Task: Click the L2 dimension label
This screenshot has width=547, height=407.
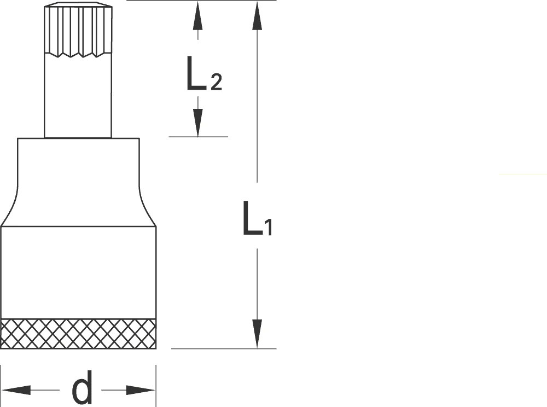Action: point(204,74)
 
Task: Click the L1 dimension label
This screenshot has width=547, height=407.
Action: point(257,218)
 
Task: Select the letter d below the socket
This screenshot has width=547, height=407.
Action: point(83,387)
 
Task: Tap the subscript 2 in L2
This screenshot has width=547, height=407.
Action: point(216,82)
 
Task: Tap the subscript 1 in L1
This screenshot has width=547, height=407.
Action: point(268,227)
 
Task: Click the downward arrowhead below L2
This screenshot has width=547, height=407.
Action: point(198,122)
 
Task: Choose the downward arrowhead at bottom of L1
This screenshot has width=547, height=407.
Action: point(257,334)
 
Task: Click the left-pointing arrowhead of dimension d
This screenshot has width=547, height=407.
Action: point(16,390)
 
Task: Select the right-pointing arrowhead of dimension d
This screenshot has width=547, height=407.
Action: point(141,390)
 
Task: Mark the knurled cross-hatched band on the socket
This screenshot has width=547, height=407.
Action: point(78,333)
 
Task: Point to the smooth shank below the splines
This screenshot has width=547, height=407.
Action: point(78,96)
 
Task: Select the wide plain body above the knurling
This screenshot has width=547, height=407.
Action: point(78,272)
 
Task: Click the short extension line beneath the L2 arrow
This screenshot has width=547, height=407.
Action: point(198,137)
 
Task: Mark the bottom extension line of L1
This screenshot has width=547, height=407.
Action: point(224,348)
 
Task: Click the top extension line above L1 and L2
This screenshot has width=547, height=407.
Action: point(202,1)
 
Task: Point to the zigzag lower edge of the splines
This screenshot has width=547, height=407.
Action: point(78,54)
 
